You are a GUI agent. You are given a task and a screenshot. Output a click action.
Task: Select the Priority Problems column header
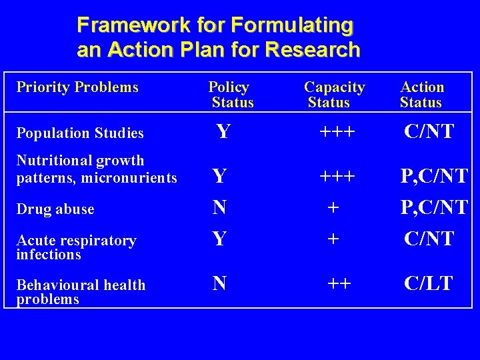point(77,87)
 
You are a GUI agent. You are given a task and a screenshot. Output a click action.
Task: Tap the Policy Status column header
point(231,95)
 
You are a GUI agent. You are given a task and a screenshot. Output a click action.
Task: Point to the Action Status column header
point(421,95)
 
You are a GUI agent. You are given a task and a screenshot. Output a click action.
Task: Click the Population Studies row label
point(80,133)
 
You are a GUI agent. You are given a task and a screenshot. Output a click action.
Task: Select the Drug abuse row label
point(55,209)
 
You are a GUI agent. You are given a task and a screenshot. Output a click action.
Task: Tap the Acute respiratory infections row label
point(76,247)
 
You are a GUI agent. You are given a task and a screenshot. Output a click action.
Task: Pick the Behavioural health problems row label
point(80,292)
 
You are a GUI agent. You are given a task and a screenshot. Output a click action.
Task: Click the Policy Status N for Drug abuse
point(219,209)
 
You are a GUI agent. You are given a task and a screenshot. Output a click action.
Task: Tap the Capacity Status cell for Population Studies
point(337,132)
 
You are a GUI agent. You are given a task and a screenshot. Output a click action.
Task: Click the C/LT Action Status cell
point(429,283)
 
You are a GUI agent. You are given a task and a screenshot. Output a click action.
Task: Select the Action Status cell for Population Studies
point(429,131)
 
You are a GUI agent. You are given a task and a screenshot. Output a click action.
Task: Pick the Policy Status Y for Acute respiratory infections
point(219,238)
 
